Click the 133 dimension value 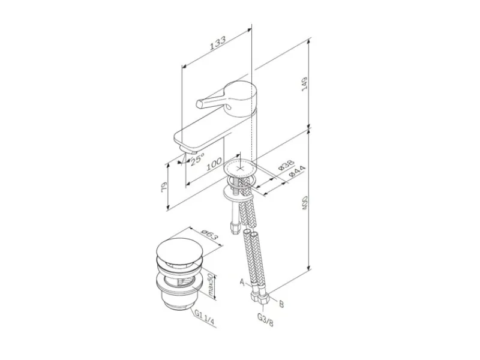(x=218, y=43)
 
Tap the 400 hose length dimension (x=305, y=203)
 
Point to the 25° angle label (x=197, y=159)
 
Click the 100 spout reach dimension (x=214, y=164)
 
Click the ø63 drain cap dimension (x=209, y=236)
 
